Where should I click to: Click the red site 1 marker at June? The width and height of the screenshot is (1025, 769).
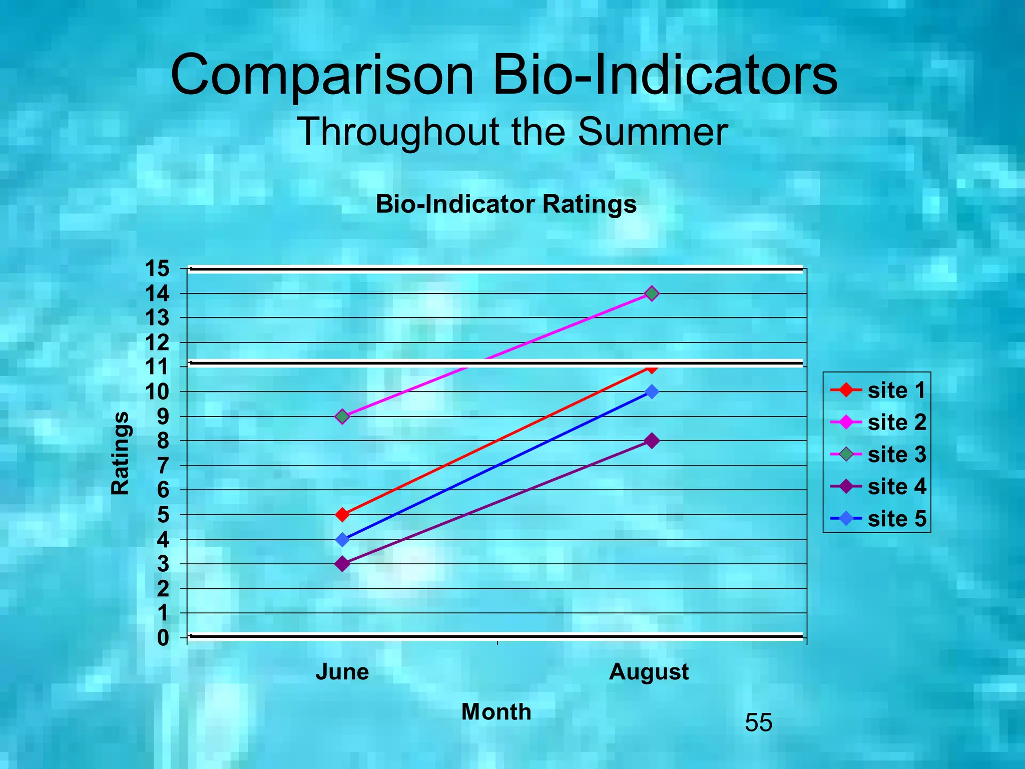342,515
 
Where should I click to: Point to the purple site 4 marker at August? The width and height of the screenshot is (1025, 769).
651,441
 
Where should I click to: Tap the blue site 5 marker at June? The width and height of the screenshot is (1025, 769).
342,540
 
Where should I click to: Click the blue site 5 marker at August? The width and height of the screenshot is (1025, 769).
651,392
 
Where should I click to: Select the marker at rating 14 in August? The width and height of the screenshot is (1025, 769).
651,293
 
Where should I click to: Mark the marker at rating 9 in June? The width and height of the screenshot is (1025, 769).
342,417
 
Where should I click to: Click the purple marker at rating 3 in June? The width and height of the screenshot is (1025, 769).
342,564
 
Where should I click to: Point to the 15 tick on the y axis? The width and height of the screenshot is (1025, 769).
157,269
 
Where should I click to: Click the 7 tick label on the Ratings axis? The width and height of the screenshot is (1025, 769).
163,466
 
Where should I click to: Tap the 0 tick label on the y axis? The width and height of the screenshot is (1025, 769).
163,638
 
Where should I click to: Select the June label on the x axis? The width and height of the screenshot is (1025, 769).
342,672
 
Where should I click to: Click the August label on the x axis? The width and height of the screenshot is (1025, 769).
649,672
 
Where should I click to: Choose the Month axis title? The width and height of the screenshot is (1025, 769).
496,711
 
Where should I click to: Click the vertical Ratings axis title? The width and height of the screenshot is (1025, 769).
120,454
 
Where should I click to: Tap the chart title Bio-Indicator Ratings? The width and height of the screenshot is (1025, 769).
506,204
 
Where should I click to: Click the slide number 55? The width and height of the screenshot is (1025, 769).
758,722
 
